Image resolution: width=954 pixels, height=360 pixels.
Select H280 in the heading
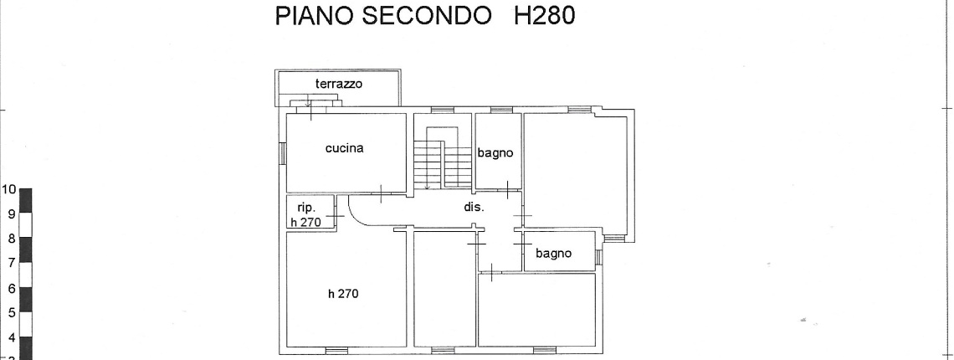pyautogui.click(x=544, y=15)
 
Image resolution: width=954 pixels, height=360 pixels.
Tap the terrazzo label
pyautogui.click(x=339, y=84)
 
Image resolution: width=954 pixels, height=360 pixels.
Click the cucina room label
pyautogui.click(x=345, y=148)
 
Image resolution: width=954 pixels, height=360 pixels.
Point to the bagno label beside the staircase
pyautogui.click(x=495, y=153)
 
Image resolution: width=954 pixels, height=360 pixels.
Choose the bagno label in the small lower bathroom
pyautogui.click(x=554, y=253)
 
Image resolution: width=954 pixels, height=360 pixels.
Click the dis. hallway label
pyautogui.click(x=474, y=207)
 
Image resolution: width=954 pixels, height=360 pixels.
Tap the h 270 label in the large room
pyautogui.click(x=343, y=294)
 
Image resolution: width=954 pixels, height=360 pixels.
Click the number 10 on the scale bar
pyautogui.click(x=8, y=189)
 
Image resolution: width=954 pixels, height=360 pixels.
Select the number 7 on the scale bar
pyautogui.click(x=11, y=263)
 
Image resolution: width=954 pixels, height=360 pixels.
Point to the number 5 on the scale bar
pyautogui.click(x=11, y=313)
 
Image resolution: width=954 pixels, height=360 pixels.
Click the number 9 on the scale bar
pyautogui.click(x=11, y=213)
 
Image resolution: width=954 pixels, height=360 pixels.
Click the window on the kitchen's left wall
pyautogui.click(x=282, y=153)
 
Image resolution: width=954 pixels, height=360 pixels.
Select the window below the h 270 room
pyautogui.click(x=336, y=350)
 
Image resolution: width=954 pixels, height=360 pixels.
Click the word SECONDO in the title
pyautogui.click(x=427, y=15)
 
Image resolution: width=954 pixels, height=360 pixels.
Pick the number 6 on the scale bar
pyautogui.click(x=11, y=289)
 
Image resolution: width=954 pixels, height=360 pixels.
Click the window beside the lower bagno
pyautogui.click(x=598, y=257)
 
